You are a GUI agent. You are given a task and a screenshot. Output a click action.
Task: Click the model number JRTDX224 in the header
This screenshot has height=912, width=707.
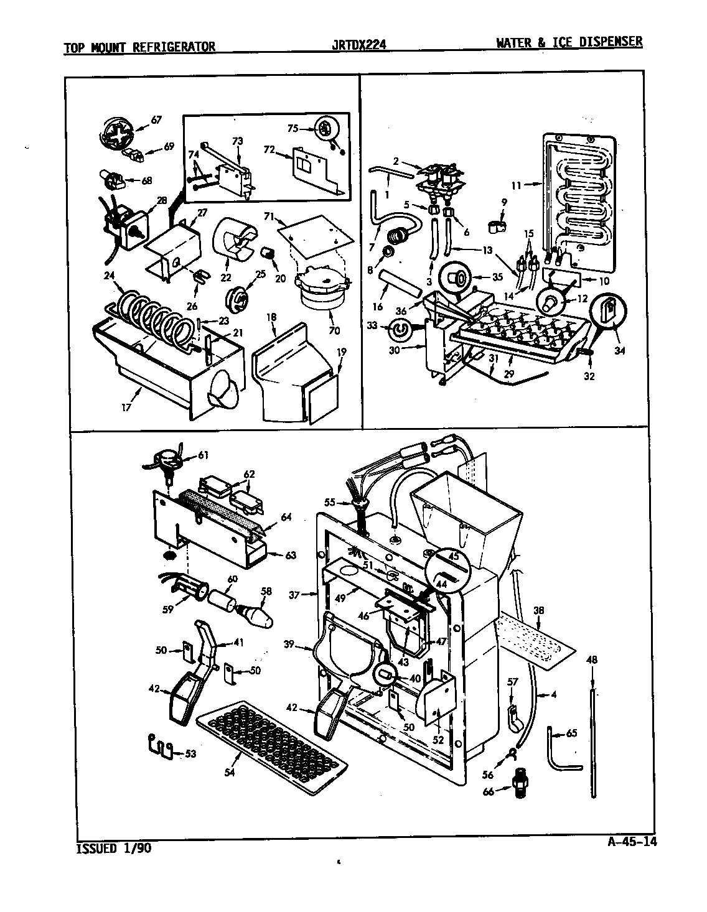pyautogui.click(x=361, y=45)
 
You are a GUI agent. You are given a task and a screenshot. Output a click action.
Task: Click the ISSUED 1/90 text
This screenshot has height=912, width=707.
pyautogui.click(x=113, y=848)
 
